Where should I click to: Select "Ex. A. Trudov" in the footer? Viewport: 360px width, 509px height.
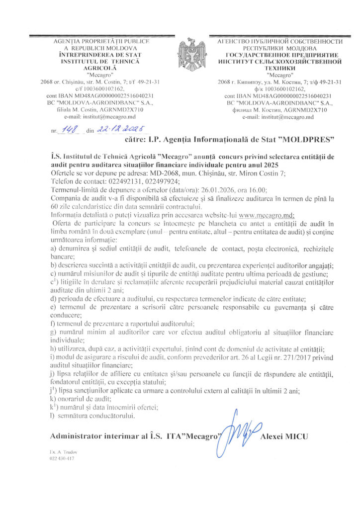[x=62, y=452]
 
